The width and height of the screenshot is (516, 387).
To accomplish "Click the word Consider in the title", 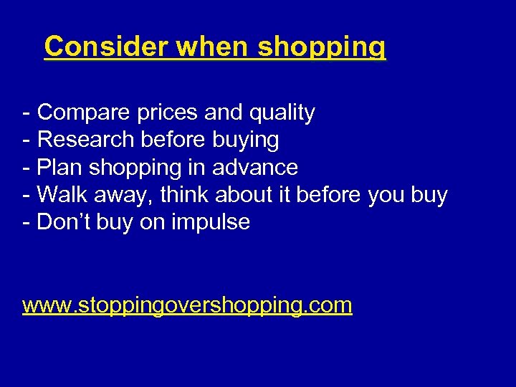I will (x=107, y=47).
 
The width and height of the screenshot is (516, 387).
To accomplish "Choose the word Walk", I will (x=62, y=195).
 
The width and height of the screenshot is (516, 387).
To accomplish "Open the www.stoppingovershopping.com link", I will (x=187, y=306).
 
